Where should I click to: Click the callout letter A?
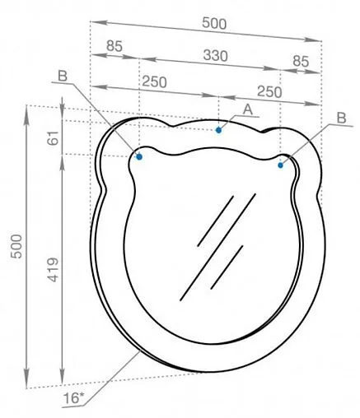[x=248, y=109]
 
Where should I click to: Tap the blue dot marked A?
[x=218, y=129]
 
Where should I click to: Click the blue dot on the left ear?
[x=139, y=156]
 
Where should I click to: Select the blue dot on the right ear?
[x=281, y=165]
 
